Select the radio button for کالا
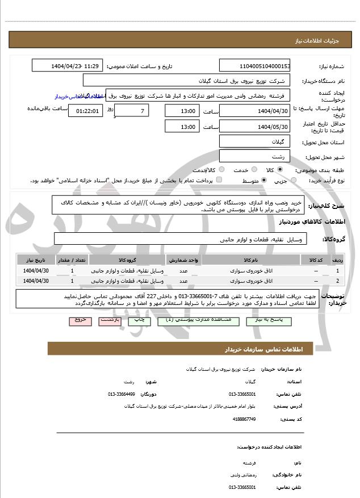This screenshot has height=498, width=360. (x=280, y=170)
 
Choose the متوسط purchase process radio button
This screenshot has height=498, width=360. (x=263, y=181)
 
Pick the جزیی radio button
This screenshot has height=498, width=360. (x=293, y=181)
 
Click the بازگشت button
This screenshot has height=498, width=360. (x=110, y=320)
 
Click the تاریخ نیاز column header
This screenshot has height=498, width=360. (x=36, y=260)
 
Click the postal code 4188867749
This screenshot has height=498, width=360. (x=245, y=419)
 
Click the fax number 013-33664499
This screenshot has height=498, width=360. (x=122, y=394)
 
